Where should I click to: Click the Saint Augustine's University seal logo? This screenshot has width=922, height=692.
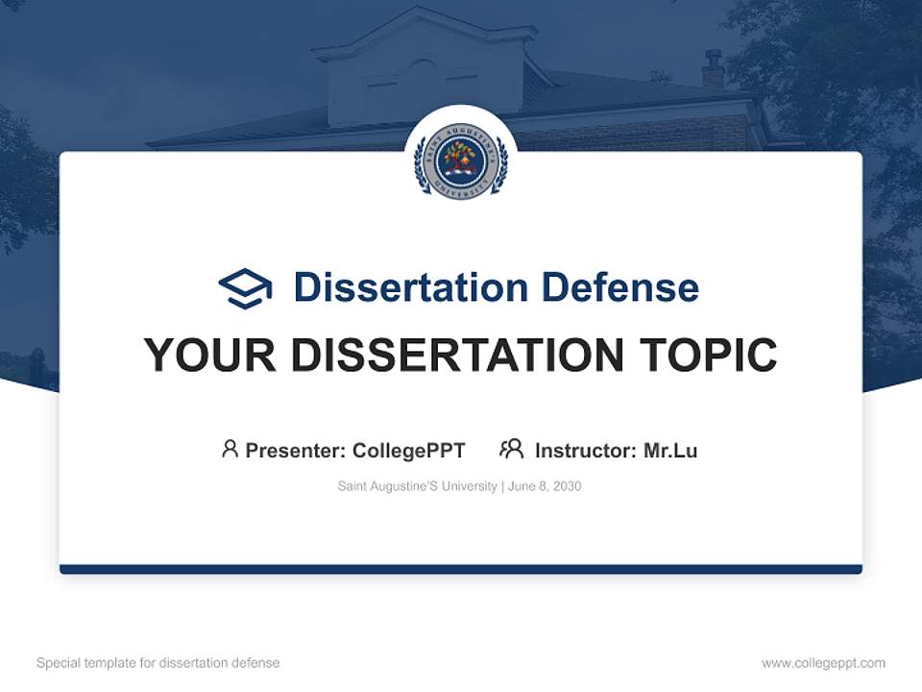pyautogui.click(x=460, y=161)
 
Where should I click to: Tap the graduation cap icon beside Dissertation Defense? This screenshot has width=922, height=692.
pyautogui.click(x=245, y=288)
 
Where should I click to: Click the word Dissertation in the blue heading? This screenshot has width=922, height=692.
pyautogui.click(x=410, y=287)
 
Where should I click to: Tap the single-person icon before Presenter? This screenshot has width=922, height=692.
pyautogui.click(x=230, y=449)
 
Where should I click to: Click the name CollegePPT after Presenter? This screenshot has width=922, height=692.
pyautogui.click(x=408, y=451)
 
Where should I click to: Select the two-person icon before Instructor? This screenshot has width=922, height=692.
pyautogui.click(x=511, y=449)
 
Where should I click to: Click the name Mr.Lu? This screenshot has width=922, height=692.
pyautogui.click(x=670, y=451)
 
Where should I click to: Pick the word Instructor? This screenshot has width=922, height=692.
pyautogui.click(x=586, y=451)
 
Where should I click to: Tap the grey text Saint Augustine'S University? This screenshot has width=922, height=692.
pyautogui.click(x=417, y=486)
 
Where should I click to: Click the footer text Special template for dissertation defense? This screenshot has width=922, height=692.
pyautogui.click(x=158, y=663)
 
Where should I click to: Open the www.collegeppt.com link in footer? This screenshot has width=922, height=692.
pyautogui.click(x=823, y=663)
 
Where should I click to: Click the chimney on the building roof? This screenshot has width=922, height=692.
pyautogui.click(x=713, y=70)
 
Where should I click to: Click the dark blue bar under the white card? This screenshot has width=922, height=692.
pyautogui.click(x=460, y=569)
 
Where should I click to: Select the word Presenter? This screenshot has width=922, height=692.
pyautogui.click(x=296, y=451)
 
